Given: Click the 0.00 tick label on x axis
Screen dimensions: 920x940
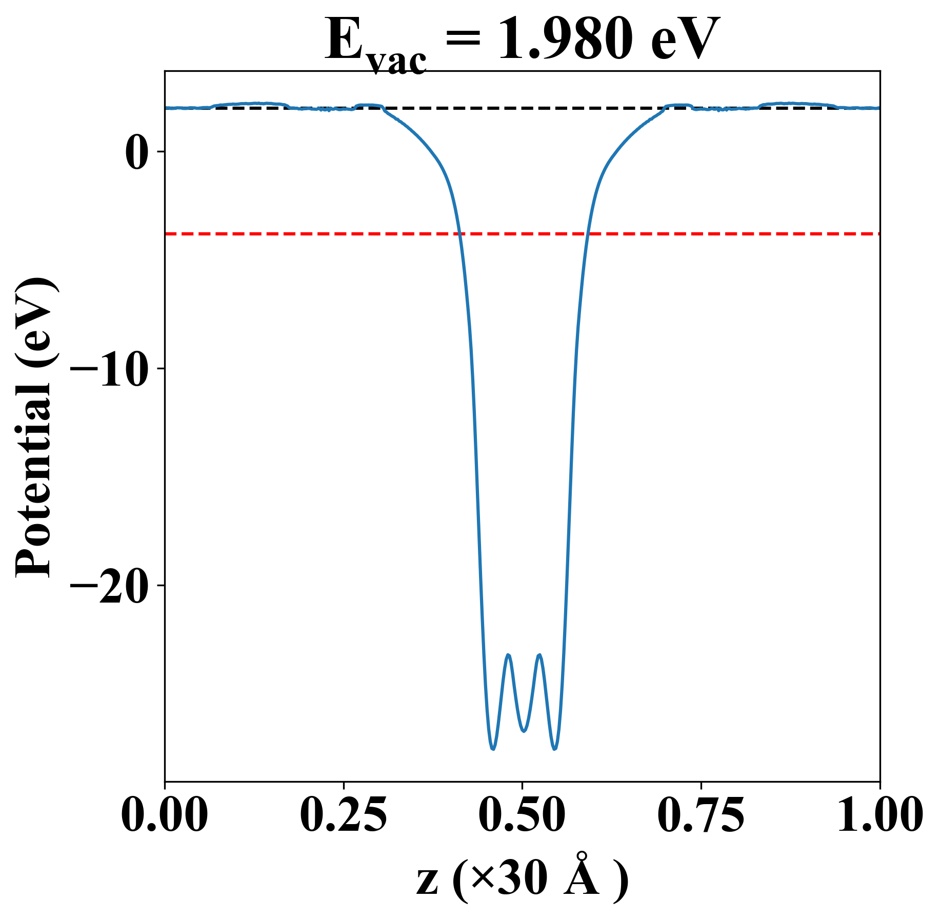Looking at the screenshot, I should [x=165, y=815].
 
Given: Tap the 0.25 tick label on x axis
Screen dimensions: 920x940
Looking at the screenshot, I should [x=343, y=815].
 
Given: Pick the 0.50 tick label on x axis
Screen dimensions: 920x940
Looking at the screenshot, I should [x=522, y=815].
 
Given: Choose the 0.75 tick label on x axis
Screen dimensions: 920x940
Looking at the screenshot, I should [x=701, y=815].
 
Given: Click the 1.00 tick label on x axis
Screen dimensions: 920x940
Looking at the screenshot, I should [x=879, y=815].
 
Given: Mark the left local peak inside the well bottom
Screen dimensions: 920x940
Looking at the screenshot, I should [x=508, y=655].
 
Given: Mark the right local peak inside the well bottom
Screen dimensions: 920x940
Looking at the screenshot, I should [x=539, y=655].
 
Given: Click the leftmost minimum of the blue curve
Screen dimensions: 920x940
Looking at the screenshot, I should [x=493, y=749].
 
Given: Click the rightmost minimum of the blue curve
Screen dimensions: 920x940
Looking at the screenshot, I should [x=554, y=749].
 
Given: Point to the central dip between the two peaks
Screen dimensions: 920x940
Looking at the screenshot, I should [x=524, y=731].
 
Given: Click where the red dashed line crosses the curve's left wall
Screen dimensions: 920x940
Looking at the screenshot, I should [x=460, y=234].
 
